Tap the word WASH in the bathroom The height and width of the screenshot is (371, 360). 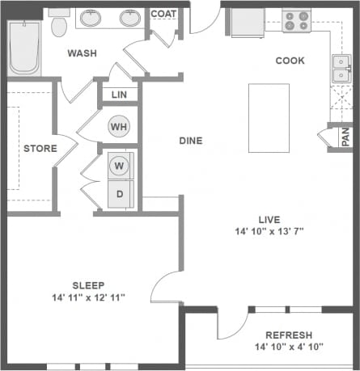[83, 53]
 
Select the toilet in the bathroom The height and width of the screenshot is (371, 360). [58, 27]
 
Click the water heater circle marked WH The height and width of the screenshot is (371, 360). [119, 127]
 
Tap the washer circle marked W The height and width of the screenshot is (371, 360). [120, 166]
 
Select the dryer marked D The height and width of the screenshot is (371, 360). [120, 195]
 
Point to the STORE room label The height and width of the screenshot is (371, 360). [39, 149]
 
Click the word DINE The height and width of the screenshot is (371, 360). [190, 141]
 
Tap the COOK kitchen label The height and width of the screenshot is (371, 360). [290, 61]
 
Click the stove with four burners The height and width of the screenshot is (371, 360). [296, 20]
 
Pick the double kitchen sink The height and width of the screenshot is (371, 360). [340, 70]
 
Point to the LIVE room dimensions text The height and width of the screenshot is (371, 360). [269, 232]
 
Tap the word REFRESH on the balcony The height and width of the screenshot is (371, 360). [289, 335]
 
